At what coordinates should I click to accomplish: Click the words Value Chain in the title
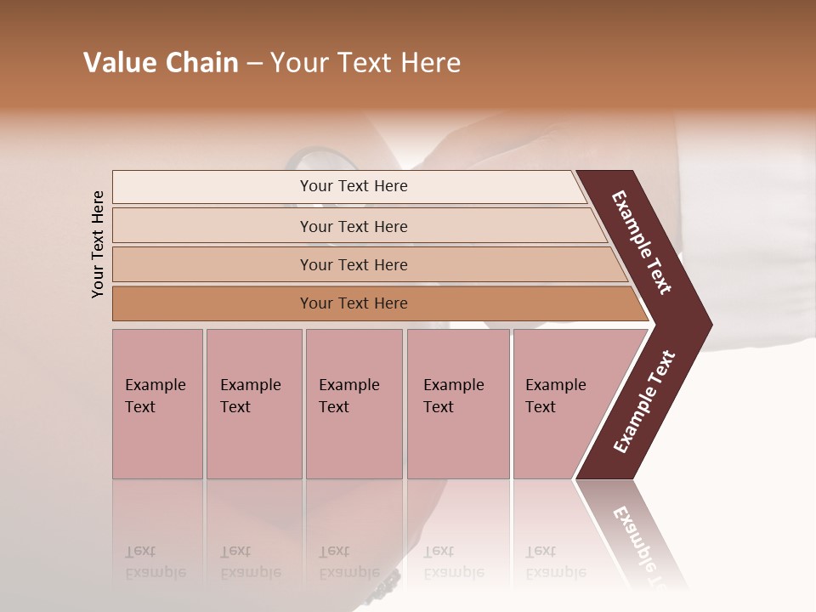pyautogui.click(x=161, y=63)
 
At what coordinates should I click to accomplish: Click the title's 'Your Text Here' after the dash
pyautogui.click(x=365, y=63)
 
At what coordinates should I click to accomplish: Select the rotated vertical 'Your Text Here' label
pyautogui.click(x=98, y=244)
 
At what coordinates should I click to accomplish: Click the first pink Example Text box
pyautogui.click(x=157, y=404)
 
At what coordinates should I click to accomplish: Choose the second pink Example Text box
pyautogui.click(x=253, y=404)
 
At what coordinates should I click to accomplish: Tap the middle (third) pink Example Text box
pyautogui.click(x=354, y=404)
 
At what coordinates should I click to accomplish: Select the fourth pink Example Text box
pyautogui.click(x=458, y=404)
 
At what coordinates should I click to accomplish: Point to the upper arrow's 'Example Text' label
pyautogui.click(x=642, y=242)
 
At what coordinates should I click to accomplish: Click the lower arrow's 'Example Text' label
pyautogui.click(x=644, y=401)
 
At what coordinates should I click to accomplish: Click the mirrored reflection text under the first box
pyautogui.click(x=155, y=562)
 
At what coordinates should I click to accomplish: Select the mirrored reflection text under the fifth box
pyautogui.click(x=555, y=562)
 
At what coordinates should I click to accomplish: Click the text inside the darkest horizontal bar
pyautogui.click(x=354, y=303)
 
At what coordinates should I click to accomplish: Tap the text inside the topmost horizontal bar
pyautogui.click(x=354, y=186)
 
